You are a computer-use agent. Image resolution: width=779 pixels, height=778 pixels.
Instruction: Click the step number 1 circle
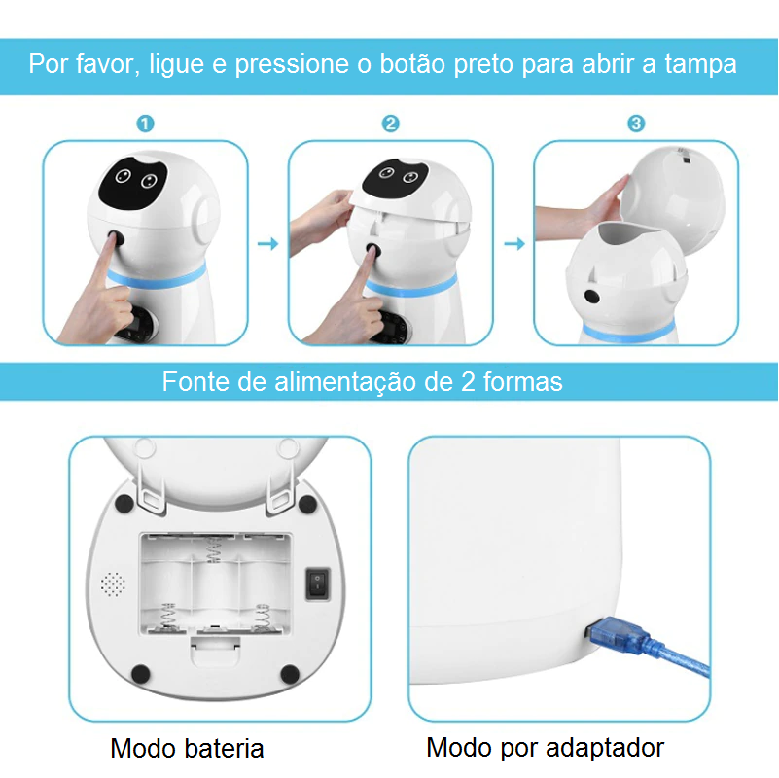(x=145, y=124)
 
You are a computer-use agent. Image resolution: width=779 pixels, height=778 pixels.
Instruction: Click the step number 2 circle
(x=390, y=124)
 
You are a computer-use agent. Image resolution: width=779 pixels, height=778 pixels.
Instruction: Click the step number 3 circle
(x=636, y=124)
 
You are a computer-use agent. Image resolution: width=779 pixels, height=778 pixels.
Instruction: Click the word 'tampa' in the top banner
(x=700, y=65)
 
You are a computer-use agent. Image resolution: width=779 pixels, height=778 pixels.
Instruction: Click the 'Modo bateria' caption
(x=187, y=749)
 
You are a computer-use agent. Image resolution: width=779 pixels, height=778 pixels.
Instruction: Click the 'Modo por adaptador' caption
(x=545, y=748)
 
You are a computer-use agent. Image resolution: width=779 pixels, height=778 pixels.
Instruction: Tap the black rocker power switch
(x=317, y=583)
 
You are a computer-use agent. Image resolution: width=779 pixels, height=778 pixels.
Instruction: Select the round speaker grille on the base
(x=114, y=583)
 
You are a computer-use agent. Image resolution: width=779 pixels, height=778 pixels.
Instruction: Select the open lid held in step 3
(x=674, y=185)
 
